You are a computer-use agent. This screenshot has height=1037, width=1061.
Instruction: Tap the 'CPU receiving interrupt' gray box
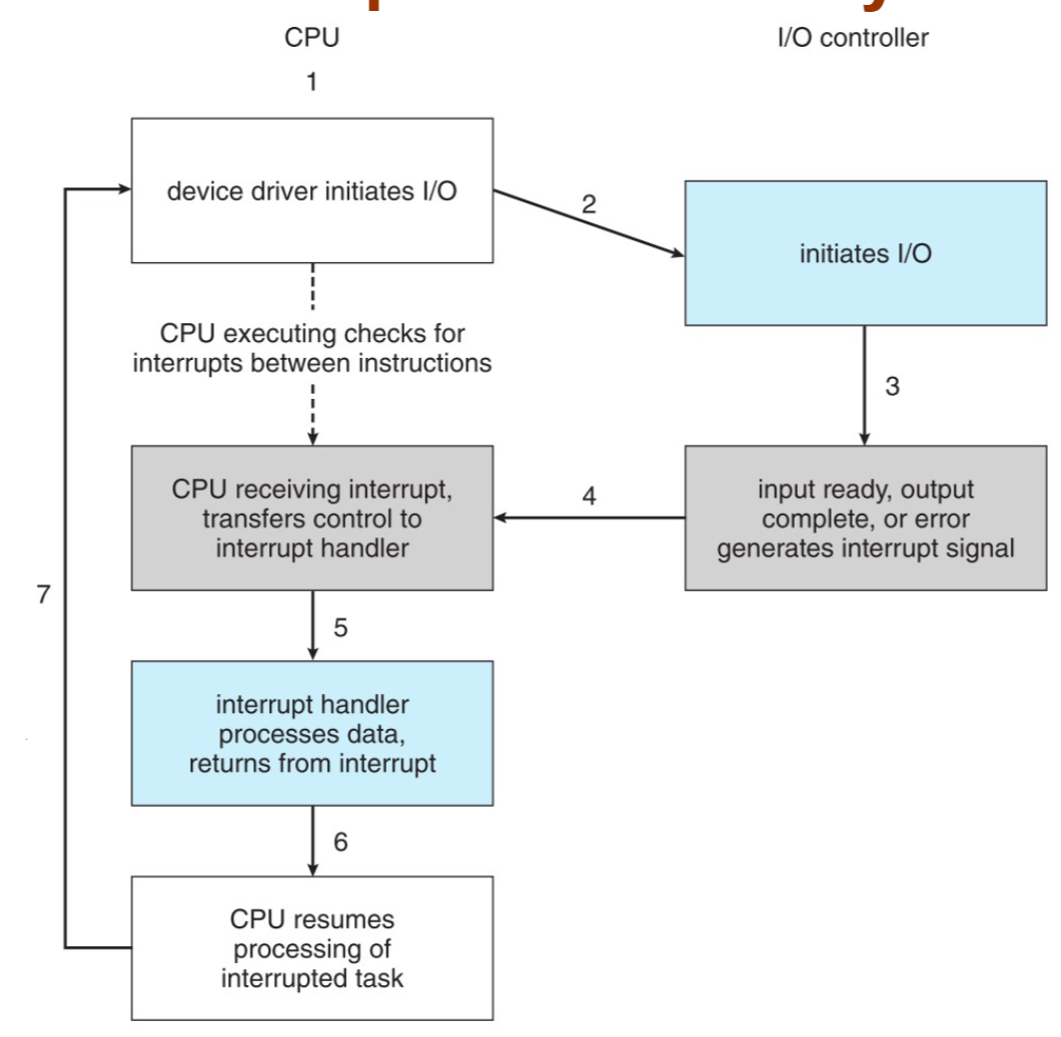tap(312, 518)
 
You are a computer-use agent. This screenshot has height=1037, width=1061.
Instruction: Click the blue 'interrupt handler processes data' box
tap(312, 733)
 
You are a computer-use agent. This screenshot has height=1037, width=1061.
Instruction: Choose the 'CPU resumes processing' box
tap(312, 947)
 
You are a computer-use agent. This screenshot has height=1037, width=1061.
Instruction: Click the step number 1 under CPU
tap(312, 84)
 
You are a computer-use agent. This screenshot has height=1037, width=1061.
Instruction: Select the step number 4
tap(590, 496)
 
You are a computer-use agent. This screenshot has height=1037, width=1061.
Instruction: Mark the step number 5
tap(340, 629)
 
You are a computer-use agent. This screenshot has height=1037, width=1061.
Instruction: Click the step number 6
tap(340, 844)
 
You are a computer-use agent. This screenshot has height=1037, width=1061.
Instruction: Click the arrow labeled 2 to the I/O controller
tap(588, 224)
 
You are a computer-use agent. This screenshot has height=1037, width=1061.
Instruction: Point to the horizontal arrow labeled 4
tap(590, 518)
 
